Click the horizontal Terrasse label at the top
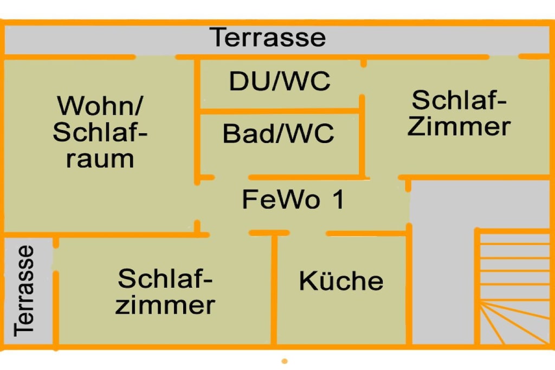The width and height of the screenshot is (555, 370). click(x=268, y=37)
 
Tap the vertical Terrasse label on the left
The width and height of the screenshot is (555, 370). click(x=24, y=291)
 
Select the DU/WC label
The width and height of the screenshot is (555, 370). click(x=280, y=81)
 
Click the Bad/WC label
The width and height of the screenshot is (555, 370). click(x=278, y=133)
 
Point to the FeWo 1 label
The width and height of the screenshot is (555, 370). click(x=293, y=199)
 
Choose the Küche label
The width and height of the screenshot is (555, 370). click(x=341, y=280)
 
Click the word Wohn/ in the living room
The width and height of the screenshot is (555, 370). click(x=100, y=105)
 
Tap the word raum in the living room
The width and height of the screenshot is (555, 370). click(x=100, y=159)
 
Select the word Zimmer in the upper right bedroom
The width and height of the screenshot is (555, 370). click(x=459, y=126)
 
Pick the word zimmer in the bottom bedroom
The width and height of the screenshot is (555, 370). click(x=165, y=306)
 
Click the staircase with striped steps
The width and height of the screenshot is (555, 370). click(x=513, y=287)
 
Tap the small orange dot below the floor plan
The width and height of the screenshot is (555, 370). click(x=285, y=361)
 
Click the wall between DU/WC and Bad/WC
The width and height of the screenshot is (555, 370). click(x=280, y=112)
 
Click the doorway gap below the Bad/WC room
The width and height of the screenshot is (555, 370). click(x=231, y=177)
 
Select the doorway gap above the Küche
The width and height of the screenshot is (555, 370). click(x=308, y=233)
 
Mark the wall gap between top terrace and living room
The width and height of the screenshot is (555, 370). click(x=156, y=57)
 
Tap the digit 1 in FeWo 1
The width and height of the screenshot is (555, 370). click(x=338, y=199)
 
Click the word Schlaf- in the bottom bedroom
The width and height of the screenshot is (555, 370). click(x=165, y=278)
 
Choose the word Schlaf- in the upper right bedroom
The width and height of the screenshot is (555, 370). click(x=459, y=100)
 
